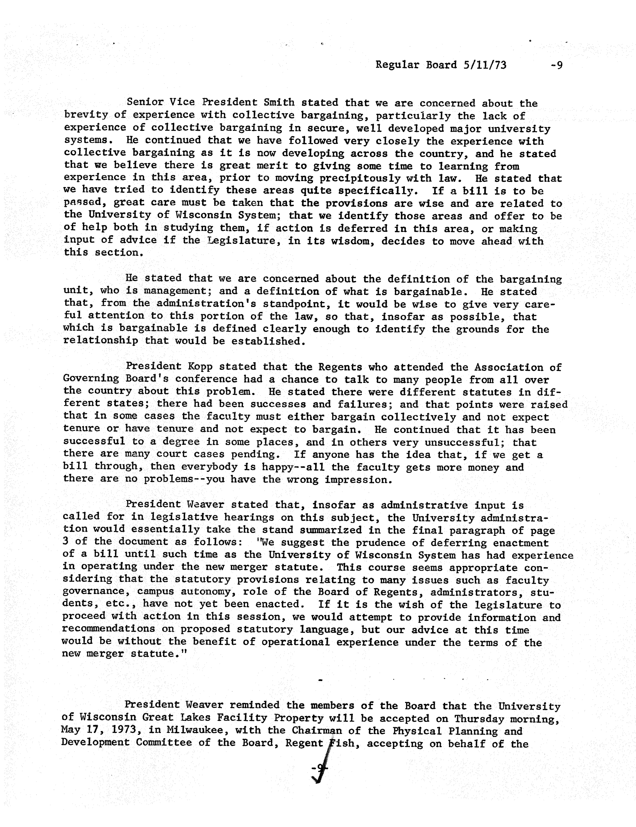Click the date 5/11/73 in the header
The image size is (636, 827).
pyautogui.click(x=485, y=65)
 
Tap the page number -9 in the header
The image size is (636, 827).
pyautogui.click(x=556, y=65)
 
